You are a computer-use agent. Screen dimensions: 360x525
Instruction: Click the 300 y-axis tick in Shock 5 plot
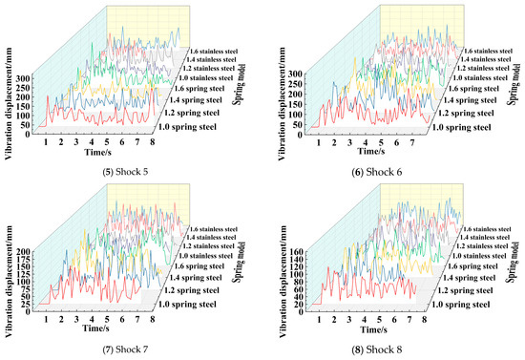pyautogui.click(x=23, y=74)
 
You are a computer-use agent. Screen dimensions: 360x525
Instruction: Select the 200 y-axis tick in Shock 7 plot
pyautogui.click(x=23, y=250)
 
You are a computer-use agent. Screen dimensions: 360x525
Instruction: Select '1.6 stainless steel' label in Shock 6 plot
pyautogui.click(x=495, y=50)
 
